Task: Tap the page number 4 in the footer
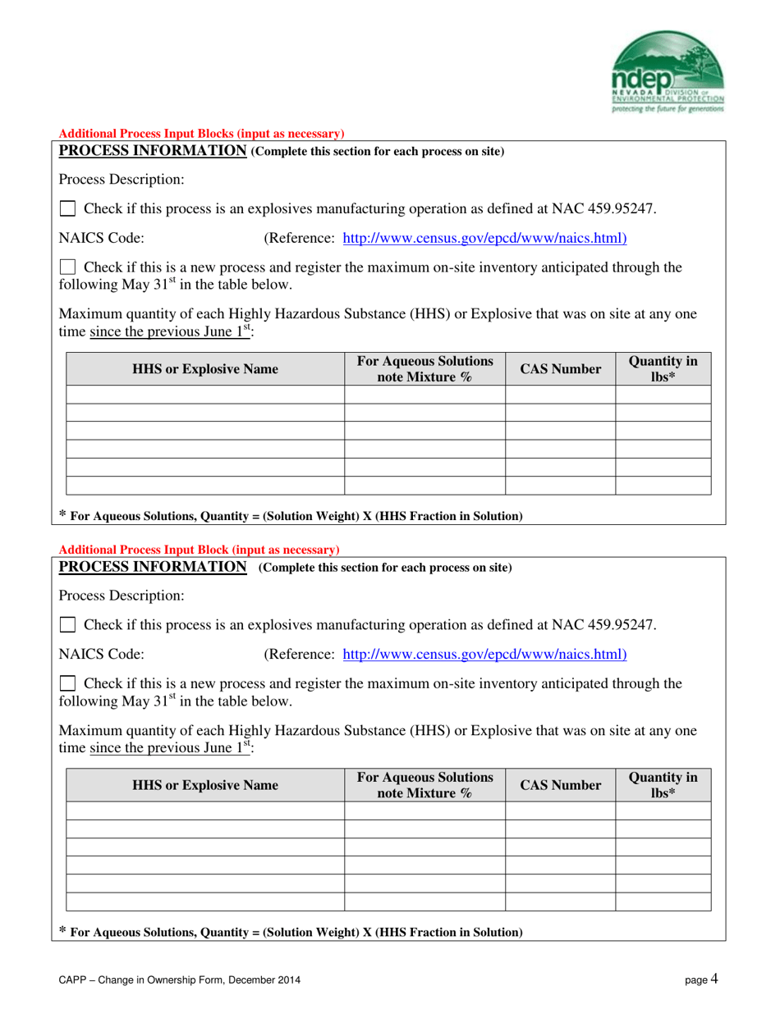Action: pyautogui.click(x=714, y=978)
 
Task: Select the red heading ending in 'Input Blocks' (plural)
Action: pyautogui.click(x=201, y=134)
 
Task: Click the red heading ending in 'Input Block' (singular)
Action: pyautogui.click(x=199, y=550)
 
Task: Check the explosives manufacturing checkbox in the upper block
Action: pyautogui.click(x=69, y=209)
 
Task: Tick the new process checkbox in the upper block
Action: pyautogui.click(x=69, y=267)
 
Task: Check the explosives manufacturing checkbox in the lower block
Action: pyautogui.click(x=69, y=625)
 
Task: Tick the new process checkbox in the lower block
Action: pyautogui.click(x=69, y=683)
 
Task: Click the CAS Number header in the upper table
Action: pyautogui.click(x=560, y=369)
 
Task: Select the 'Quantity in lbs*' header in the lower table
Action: pyautogui.click(x=663, y=785)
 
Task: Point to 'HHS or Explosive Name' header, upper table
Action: pyautogui.click(x=205, y=369)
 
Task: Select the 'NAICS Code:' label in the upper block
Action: pyautogui.click(x=102, y=239)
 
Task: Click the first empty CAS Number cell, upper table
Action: pyautogui.click(x=560, y=395)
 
